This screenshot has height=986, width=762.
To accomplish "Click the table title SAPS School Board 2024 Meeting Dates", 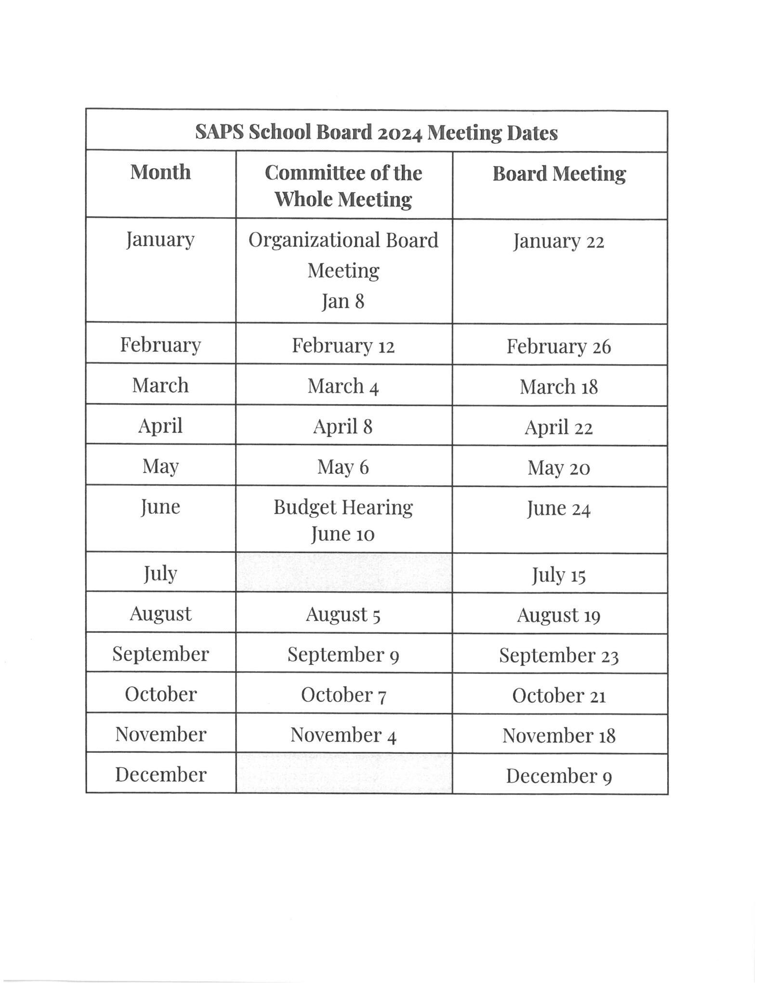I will [x=376, y=132].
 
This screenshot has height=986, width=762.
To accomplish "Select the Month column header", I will [x=160, y=172].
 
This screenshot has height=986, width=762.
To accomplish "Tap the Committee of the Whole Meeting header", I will [x=343, y=186].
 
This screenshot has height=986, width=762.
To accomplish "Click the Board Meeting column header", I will [x=559, y=174].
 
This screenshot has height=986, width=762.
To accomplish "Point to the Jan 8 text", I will [x=343, y=302].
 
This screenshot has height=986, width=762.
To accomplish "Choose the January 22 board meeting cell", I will [x=558, y=241].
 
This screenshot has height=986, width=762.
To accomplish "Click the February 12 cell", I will [x=343, y=346].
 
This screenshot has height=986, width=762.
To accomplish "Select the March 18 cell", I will [x=558, y=387].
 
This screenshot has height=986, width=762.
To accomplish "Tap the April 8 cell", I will [x=343, y=427].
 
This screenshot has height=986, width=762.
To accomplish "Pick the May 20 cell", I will [x=558, y=468].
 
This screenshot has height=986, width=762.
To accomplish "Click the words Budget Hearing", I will [x=343, y=507].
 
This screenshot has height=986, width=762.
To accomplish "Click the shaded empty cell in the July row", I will [x=344, y=573].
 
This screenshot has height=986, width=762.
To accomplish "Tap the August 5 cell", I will [x=343, y=615].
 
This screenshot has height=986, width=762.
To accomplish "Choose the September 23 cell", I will [x=558, y=656].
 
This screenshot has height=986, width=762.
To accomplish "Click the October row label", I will [x=160, y=694].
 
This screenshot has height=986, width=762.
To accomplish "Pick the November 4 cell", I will [x=343, y=735].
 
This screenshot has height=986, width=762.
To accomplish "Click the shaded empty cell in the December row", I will [x=344, y=774].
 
